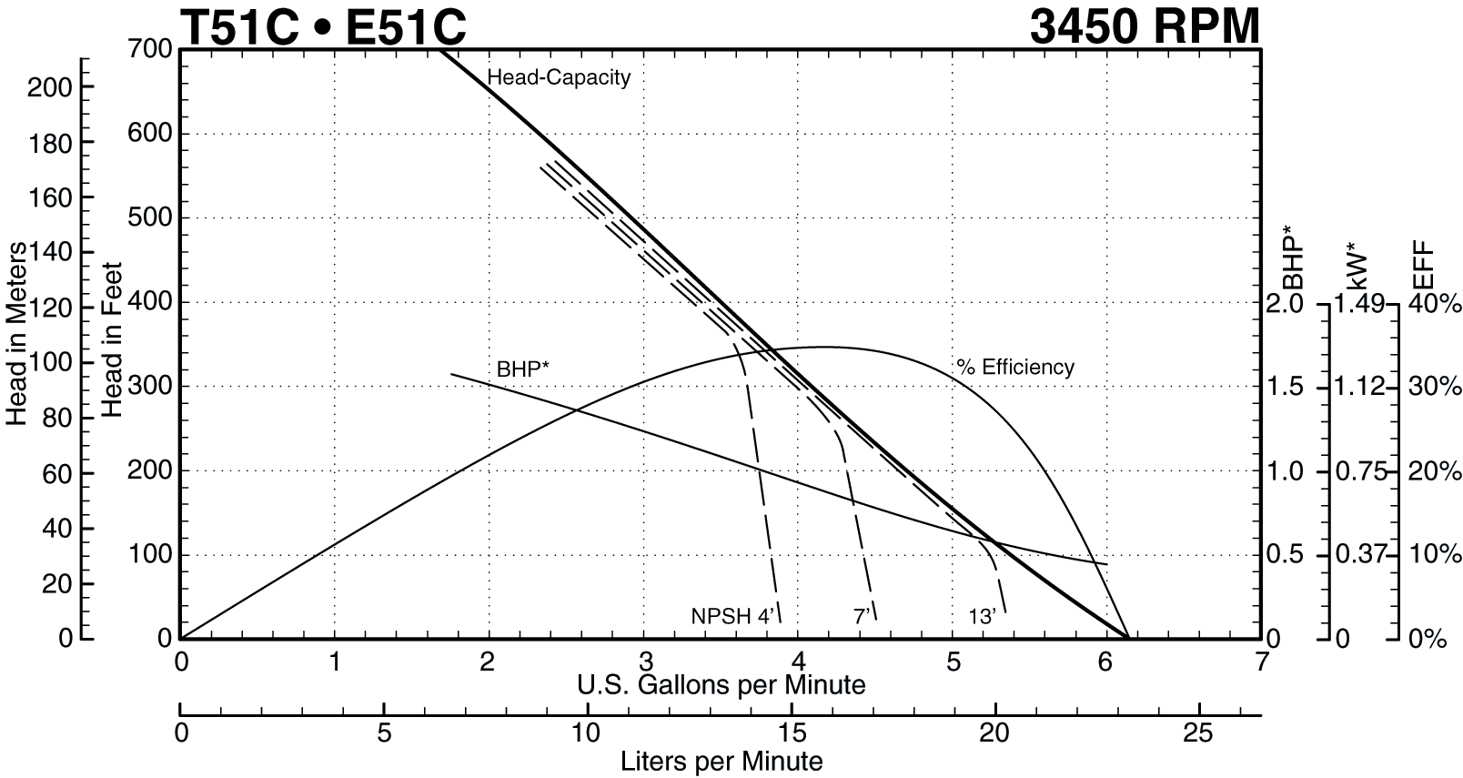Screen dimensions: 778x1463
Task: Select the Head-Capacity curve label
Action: pyautogui.click(x=559, y=77)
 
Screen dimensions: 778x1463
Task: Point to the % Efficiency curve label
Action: pyautogui.click(x=1015, y=368)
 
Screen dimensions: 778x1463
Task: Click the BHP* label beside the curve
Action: pyautogui.click(x=522, y=369)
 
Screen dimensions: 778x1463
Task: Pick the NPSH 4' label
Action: pyautogui.click(x=731, y=617)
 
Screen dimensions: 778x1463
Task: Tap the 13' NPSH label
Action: pyautogui.click(x=982, y=617)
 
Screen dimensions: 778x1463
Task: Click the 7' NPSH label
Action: pyautogui.click(x=862, y=617)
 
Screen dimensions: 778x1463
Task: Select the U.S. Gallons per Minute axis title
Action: pyautogui.click(x=721, y=684)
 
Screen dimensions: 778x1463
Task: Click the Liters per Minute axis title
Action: pyautogui.click(x=721, y=762)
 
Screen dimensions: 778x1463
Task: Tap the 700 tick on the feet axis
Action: pyautogui.click(x=151, y=48)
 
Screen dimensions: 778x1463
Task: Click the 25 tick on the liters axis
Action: pyautogui.click(x=1198, y=733)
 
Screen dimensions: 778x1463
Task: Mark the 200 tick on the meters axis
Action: pyautogui.click(x=49, y=87)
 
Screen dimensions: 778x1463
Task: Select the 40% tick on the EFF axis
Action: pyautogui.click(x=1435, y=304)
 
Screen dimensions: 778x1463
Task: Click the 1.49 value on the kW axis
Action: pyautogui.click(x=1359, y=304)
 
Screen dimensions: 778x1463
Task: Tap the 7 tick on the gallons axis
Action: pyautogui.click(x=1260, y=662)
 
